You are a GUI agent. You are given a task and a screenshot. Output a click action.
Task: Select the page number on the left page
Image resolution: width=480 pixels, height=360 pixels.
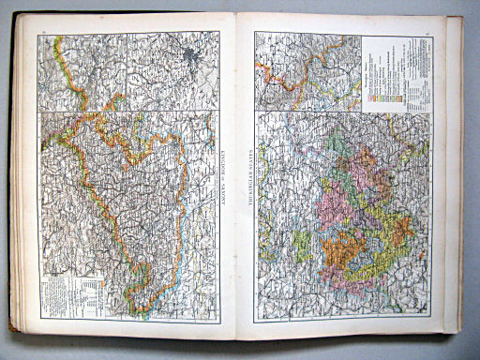coord(43,34)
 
